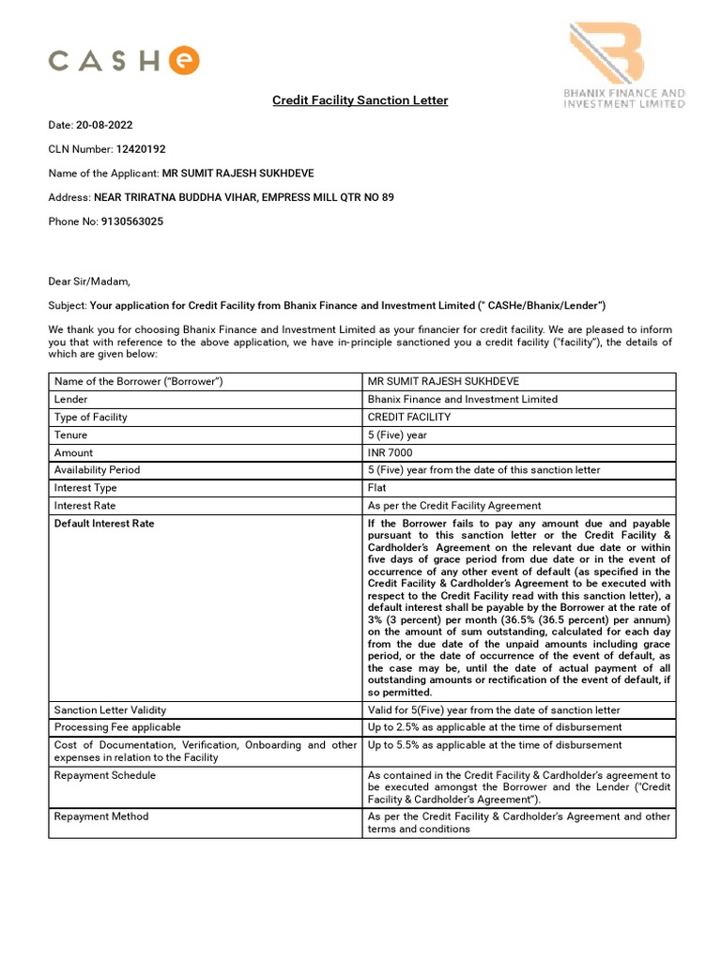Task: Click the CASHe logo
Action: coord(124,62)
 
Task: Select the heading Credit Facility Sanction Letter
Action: coord(360,100)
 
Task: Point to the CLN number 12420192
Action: coord(141,149)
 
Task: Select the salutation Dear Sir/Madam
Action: coord(89,281)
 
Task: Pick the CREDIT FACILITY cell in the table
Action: coord(409,417)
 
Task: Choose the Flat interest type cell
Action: coord(377,488)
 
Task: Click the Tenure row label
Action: coord(71,435)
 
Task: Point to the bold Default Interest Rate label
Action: coord(104,524)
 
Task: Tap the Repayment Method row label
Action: coord(101,816)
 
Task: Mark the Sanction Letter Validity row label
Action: coord(110,709)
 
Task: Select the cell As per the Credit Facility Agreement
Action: coord(454,506)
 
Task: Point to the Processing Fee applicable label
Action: coord(117,727)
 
